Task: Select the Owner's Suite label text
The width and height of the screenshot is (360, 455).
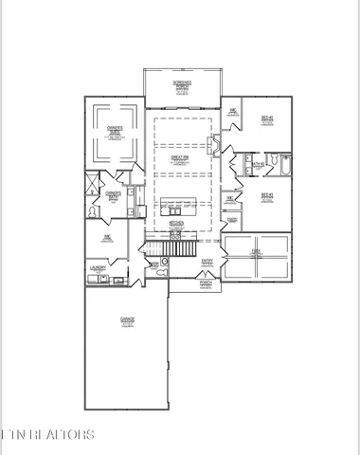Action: [114, 134]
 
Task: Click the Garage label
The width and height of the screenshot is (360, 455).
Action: [127, 319]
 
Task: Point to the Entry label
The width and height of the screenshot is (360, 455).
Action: [207, 260]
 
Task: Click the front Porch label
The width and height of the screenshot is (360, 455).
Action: [206, 282]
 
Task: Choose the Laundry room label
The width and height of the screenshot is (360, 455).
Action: [96, 268]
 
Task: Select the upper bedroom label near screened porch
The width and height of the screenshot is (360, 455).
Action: [267, 119]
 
